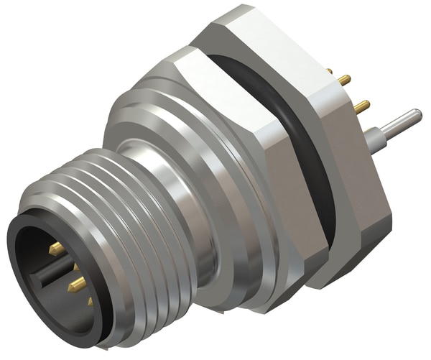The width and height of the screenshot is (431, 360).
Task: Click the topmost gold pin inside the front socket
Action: click(56, 249)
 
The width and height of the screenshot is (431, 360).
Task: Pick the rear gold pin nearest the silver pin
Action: click(361, 107)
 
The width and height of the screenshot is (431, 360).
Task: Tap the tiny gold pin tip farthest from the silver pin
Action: click(329, 72)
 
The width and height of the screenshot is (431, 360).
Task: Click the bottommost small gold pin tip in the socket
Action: click(91, 303)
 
